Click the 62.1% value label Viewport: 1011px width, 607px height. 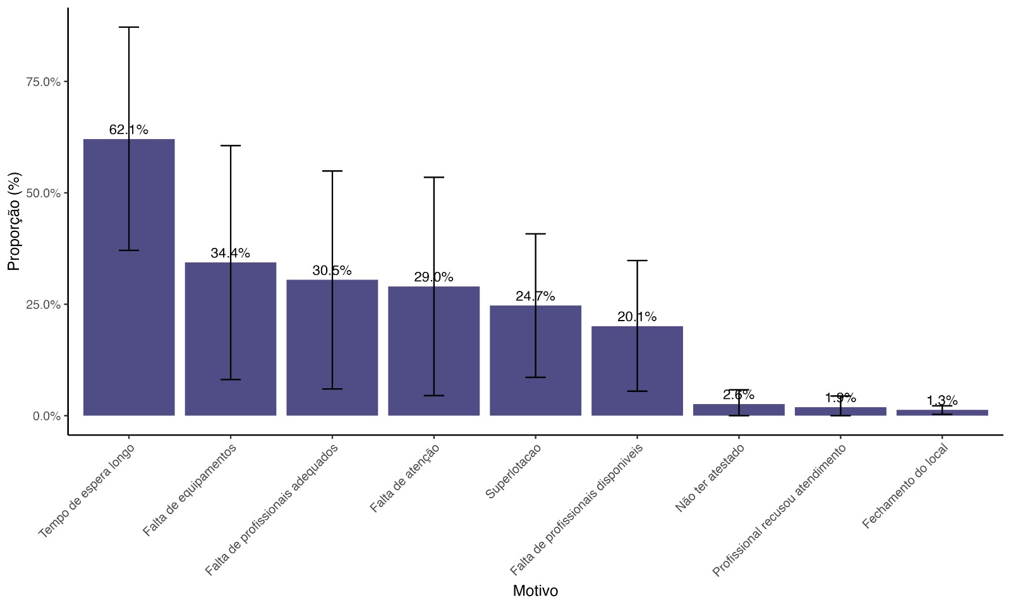pos(129,130)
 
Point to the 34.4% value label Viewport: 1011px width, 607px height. pos(231,253)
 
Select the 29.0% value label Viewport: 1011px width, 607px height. pos(433,277)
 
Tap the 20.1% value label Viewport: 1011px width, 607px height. pos(637,317)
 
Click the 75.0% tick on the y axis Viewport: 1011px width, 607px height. pos(43,82)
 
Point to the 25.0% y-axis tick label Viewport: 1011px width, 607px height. pos(43,305)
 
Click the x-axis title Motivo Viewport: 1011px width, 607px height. pos(535,591)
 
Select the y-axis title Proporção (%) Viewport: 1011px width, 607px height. pos(14,221)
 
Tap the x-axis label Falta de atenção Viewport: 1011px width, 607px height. pos(404,478)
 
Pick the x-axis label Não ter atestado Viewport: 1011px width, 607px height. pos(710,478)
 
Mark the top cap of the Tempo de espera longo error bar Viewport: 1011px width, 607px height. pos(129,27)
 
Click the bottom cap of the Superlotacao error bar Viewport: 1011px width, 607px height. pos(535,377)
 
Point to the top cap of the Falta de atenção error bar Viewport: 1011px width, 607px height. pos(433,177)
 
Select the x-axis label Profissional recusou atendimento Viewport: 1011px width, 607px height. pos(778,511)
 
